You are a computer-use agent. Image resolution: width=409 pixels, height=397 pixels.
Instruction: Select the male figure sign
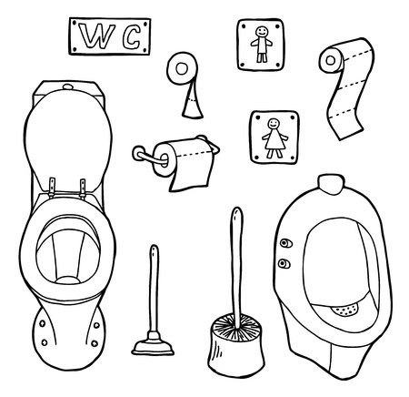(262, 42)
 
